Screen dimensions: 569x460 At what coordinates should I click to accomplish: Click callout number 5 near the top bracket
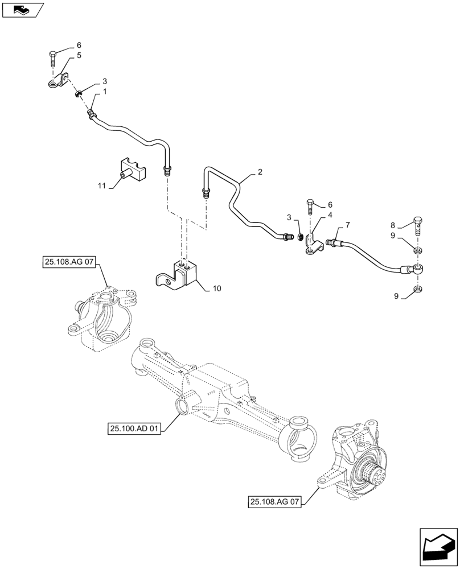pyautogui.click(x=79, y=56)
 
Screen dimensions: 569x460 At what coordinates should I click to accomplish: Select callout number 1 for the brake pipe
pyautogui.click(x=104, y=92)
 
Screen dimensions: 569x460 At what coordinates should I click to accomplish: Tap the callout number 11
pyautogui.click(x=102, y=185)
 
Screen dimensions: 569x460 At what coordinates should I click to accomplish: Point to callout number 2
pyautogui.click(x=260, y=171)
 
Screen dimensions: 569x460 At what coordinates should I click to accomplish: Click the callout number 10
pyautogui.click(x=217, y=288)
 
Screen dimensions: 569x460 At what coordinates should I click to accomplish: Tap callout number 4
pyautogui.click(x=329, y=215)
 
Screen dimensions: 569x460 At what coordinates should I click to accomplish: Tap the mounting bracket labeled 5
pyautogui.click(x=59, y=81)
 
